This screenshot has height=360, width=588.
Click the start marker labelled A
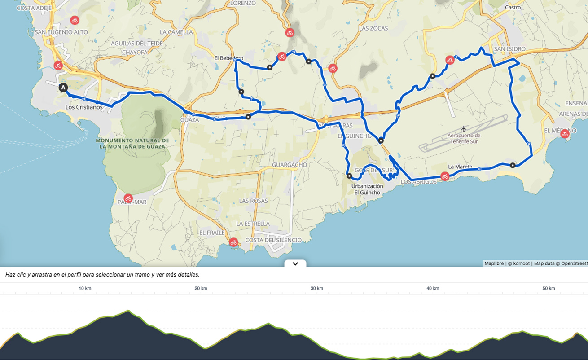pos(63,88)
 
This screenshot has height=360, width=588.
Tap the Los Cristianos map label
pos(84,107)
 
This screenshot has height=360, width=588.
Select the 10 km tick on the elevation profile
pos(85,288)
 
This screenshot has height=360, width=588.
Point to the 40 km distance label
pos(433,288)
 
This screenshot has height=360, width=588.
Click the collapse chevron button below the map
pos(295,264)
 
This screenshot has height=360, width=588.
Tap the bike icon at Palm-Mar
pos(128,198)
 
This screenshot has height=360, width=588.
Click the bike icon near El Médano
pos(565,133)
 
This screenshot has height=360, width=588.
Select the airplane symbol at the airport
pos(464,129)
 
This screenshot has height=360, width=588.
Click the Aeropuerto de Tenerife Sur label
pos(464,138)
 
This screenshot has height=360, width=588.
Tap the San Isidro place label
pos(509,49)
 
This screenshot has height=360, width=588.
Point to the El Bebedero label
pos(228,58)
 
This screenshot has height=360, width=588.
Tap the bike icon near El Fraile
pos(233,242)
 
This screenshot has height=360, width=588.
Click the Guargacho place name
pos(290,165)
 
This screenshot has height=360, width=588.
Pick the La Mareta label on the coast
pos(460,167)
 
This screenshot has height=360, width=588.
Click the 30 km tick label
pos(317,288)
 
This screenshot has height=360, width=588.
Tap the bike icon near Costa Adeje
pos(75,20)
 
